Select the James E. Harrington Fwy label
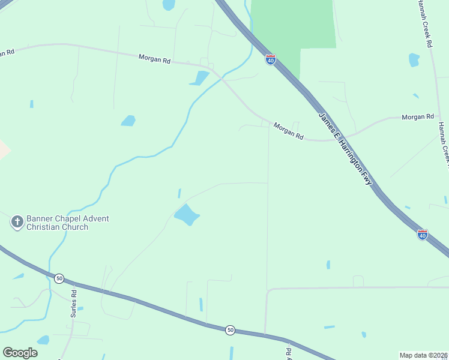click(345, 148)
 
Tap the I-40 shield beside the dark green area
click(271, 60)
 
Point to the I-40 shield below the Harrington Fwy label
click(423, 235)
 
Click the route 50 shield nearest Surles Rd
click(59, 278)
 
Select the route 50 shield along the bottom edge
click(230, 330)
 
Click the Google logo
click(20, 353)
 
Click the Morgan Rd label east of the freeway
click(418, 116)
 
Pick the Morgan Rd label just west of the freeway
click(289, 131)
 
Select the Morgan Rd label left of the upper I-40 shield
click(154, 59)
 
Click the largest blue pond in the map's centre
click(187, 214)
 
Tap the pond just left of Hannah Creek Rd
click(414, 59)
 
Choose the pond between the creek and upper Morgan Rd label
click(128, 121)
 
